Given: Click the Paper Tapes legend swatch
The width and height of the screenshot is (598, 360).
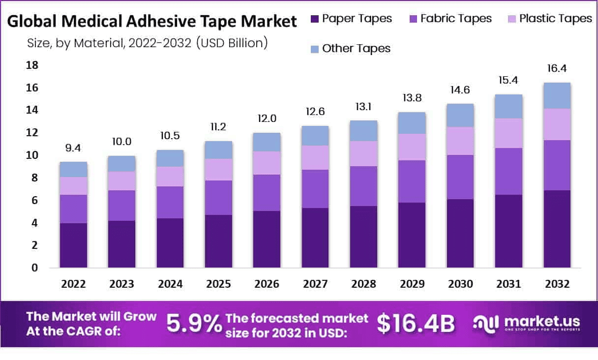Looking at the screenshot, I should [x=315, y=19].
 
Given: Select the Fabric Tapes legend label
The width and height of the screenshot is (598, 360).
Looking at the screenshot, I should [x=456, y=19].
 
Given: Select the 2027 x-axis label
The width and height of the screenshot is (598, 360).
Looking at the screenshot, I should [x=315, y=284].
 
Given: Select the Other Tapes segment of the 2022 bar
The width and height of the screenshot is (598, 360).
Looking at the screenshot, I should [x=73, y=169].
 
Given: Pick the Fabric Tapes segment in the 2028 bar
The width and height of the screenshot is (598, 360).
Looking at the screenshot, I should [x=363, y=186].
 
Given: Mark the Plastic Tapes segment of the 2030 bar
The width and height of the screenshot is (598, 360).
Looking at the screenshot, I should [x=460, y=141].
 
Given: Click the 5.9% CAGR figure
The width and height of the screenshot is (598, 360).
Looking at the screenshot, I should [x=194, y=324].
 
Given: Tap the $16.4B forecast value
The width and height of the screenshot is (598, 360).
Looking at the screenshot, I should [x=416, y=324].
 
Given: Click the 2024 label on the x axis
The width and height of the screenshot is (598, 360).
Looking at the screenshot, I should [x=170, y=284].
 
